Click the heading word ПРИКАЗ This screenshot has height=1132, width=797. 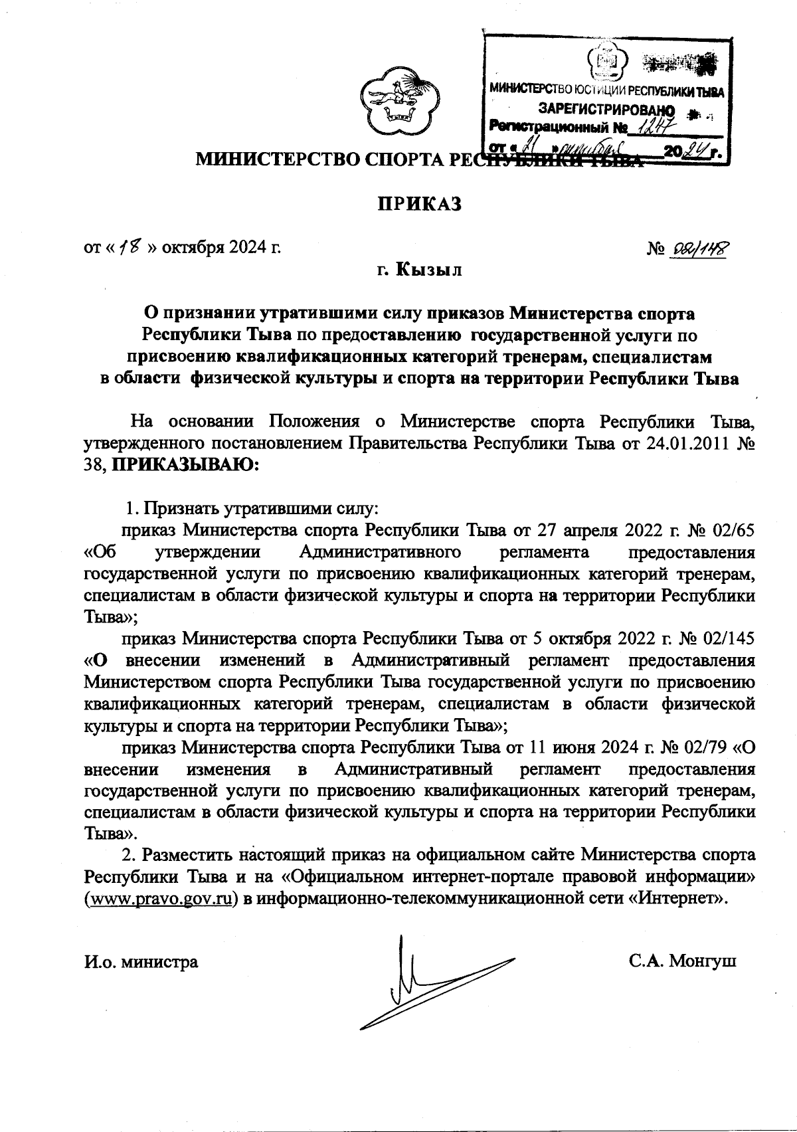click(x=419, y=203)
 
